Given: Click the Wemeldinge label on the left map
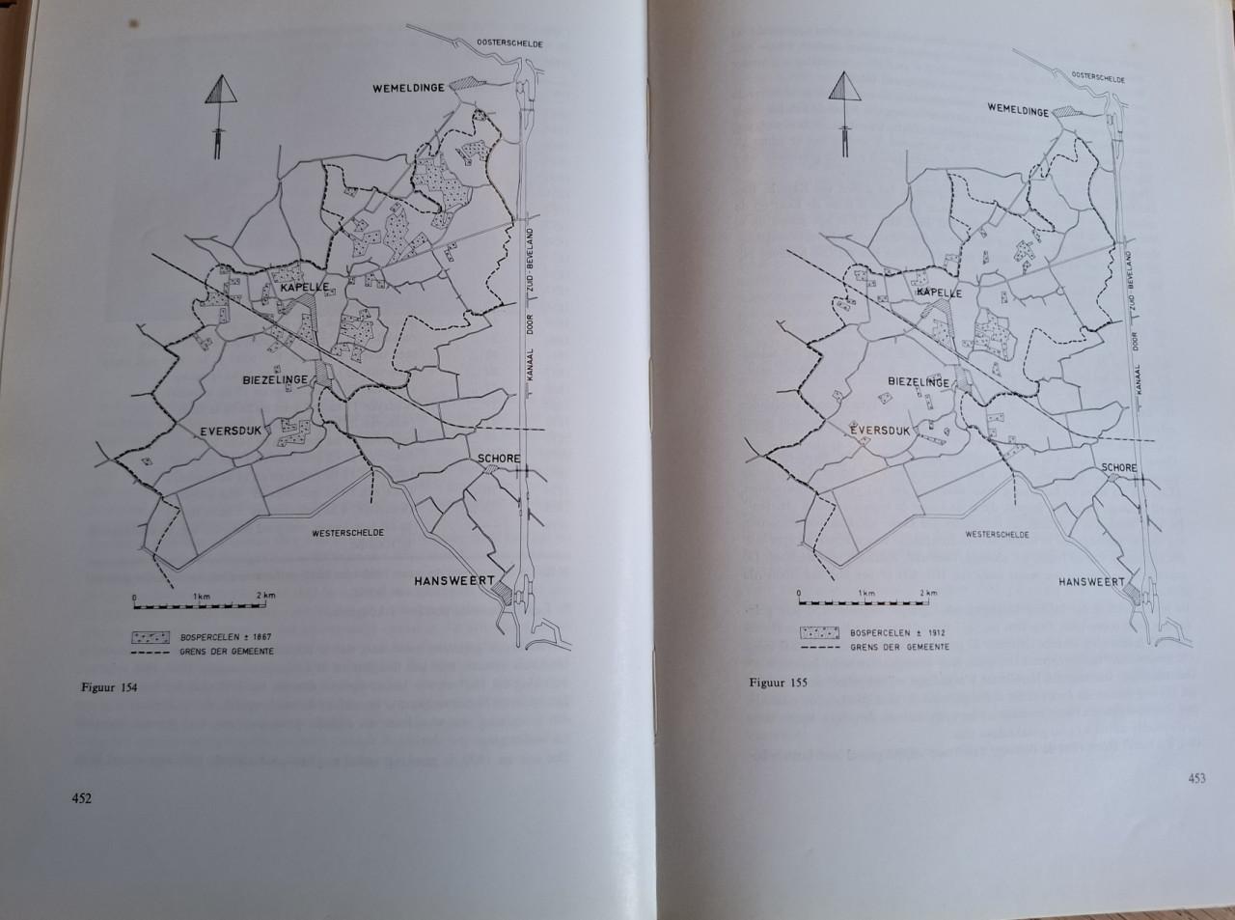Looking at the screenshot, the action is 409,88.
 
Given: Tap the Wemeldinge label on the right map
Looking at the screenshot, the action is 1018,111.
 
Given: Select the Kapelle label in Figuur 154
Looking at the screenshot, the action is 300,288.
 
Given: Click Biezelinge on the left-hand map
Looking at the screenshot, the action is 275,379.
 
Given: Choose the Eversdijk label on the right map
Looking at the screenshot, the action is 884,431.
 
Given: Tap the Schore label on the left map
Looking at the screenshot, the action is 498,459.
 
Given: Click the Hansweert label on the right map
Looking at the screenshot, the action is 1092,582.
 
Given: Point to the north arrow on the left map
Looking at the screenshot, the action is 221,115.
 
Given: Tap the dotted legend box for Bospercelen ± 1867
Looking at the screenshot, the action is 152,638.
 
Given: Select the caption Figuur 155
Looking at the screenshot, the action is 778,682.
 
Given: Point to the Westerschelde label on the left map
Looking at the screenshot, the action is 347,532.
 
